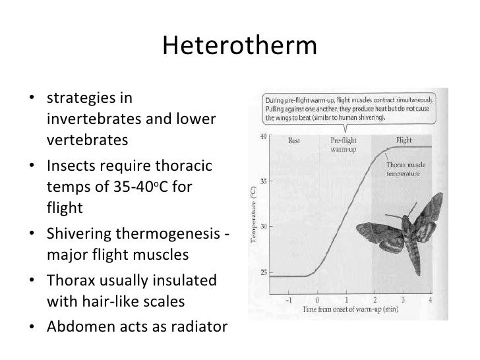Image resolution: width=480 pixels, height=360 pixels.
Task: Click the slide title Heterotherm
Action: (x=239, y=46)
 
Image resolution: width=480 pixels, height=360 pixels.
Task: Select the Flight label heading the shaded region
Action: (x=404, y=140)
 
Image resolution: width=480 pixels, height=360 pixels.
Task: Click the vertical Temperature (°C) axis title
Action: (x=253, y=215)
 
